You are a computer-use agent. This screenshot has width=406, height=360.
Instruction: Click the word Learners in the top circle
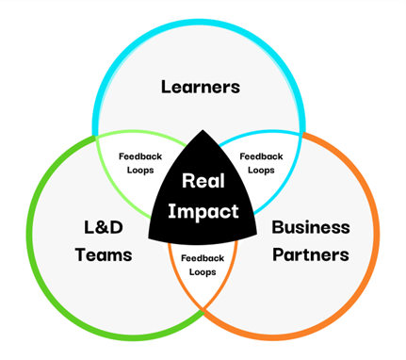(201, 87)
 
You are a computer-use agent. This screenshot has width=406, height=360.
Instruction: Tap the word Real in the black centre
(202, 180)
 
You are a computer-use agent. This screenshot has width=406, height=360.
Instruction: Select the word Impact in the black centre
(203, 211)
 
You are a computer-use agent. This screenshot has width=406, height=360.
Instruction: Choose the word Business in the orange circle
(310, 227)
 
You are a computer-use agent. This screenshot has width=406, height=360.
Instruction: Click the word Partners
(310, 254)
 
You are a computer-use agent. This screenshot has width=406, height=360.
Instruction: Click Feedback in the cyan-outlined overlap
(262, 156)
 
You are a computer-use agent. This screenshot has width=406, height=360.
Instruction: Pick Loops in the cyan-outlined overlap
(262, 171)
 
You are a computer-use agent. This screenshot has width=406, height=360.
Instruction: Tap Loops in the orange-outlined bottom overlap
(201, 271)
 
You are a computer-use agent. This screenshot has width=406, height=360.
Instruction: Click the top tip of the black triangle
(203, 131)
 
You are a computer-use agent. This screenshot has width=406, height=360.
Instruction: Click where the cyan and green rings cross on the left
(98, 139)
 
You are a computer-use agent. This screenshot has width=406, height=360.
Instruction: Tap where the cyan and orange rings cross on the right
(305, 139)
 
